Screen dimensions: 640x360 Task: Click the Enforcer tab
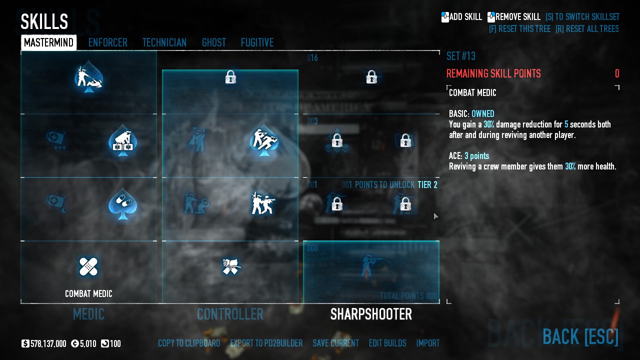pyautogui.click(x=107, y=43)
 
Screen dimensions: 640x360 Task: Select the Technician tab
pyautogui.click(x=164, y=43)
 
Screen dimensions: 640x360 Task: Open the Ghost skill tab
pyautogui.click(x=214, y=43)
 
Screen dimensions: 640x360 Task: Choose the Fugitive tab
pyautogui.click(x=257, y=43)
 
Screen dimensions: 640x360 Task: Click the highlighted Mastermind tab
pyautogui.click(x=49, y=43)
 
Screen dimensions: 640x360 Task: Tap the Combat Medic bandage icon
pyautogui.click(x=88, y=266)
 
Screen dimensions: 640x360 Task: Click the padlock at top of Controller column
pyautogui.click(x=230, y=77)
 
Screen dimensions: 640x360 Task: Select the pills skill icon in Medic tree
pyautogui.click(x=122, y=203)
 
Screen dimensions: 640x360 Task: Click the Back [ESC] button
pyautogui.click(x=580, y=337)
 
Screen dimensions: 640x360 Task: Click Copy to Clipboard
pyautogui.click(x=189, y=343)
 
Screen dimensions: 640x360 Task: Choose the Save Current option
pyautogui.click(x=335, y=343)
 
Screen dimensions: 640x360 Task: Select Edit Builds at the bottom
pyautogui.click(x=387, y=343)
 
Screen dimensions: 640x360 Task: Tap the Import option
pyautogui.click(x=428, y=343)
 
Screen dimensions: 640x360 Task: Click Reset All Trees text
pyautogui.click(x=587, y=29)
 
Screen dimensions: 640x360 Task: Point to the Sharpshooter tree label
pyautogui.click(x=371, y=314)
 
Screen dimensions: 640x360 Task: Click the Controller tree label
pyautogui.click(x=230, y=314)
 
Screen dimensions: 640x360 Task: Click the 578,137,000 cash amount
pyautogui.click(x=48, y=344)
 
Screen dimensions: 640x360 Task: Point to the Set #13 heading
pyautogui.click(x=461, y=56)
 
